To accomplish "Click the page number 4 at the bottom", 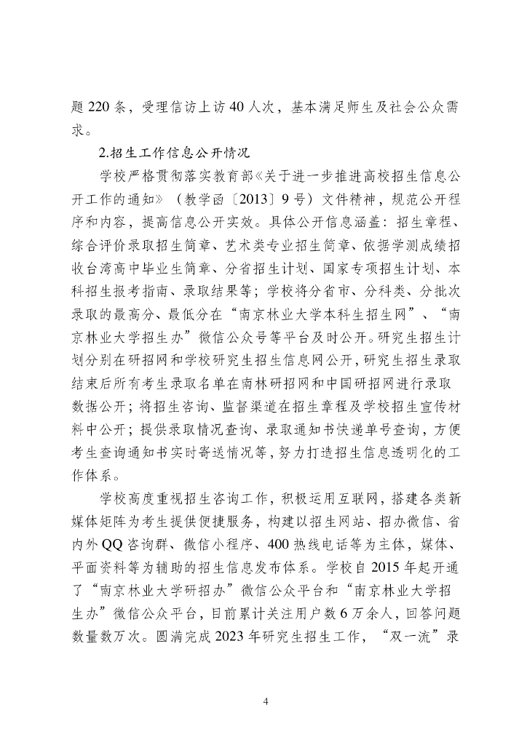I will tap(265, 703).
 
